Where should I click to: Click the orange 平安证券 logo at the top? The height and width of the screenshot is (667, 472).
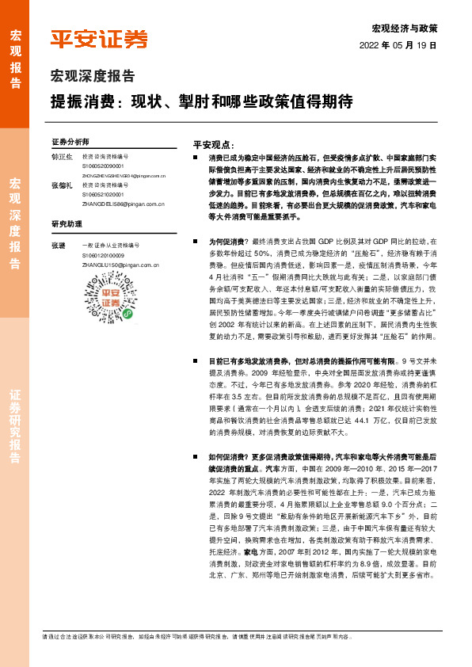click(x=99, y=39)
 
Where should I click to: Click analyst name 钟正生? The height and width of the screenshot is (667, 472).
click(x=62, y=157)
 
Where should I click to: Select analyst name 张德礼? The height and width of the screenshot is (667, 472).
click(x=62, y=185)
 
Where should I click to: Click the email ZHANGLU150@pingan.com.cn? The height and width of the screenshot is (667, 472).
click(x=120, y=265)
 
